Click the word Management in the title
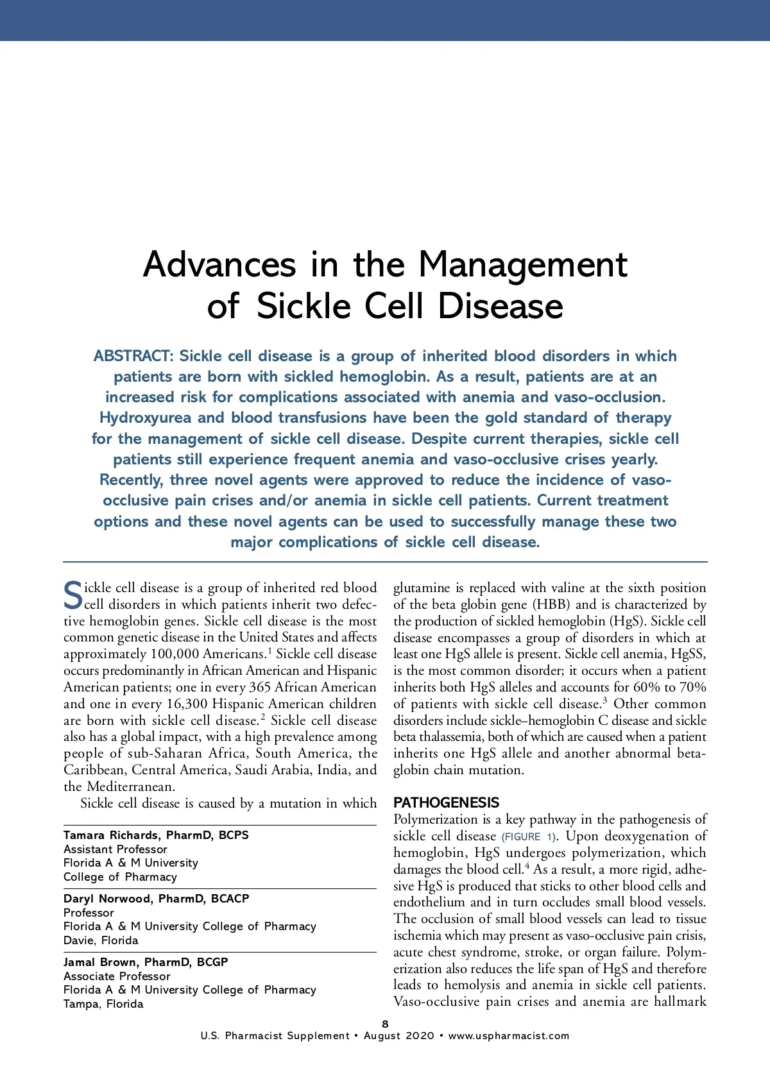point(522,266)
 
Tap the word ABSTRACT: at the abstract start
point(133,356)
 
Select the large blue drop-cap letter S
point(73,596)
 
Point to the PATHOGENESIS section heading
point(446,802)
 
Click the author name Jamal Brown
point(99,962)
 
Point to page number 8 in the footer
point(385,1024)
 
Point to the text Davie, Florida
point(101,940)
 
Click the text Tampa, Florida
point(103,1004)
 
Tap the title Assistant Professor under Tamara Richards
point(116,849)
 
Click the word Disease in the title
point(500,307)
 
